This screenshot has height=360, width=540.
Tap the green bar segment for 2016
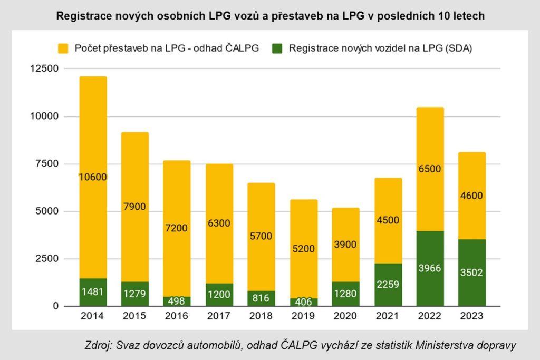(x=177, y=301)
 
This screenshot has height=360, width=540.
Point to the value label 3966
(x=430, y=268)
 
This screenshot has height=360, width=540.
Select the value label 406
(x=303, y=302)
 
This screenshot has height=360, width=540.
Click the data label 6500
(x=430, y=169)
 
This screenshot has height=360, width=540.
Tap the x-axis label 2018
(x=261, y=316)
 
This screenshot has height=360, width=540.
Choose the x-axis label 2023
(x=472, y=316)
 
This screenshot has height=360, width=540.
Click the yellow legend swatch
(x=63, y=48)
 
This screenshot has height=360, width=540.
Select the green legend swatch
(x=277, y=48)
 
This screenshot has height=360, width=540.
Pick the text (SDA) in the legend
(x=459, y=48)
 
